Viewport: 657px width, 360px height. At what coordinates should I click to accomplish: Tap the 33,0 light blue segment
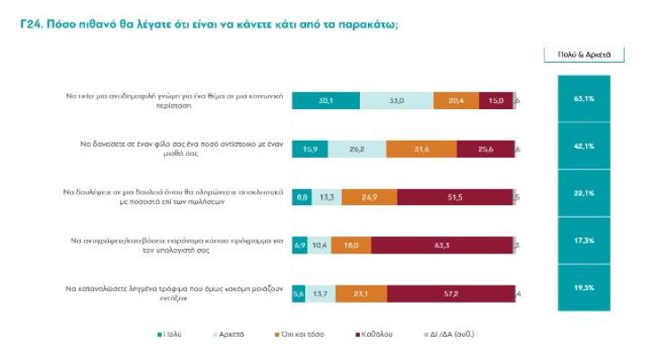[396, 101]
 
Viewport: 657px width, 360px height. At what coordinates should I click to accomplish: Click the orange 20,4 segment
[456, 101]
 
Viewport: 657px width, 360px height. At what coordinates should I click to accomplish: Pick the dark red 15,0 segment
[496, 101]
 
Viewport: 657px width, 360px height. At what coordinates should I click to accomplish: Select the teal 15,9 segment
[310, 149]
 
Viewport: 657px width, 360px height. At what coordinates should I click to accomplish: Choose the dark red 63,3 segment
[441, 243]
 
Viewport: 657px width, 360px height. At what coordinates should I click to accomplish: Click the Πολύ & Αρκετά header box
[584, 55]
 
